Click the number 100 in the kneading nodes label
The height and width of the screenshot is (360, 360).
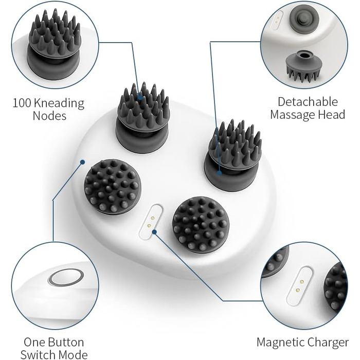[x=22, y=103]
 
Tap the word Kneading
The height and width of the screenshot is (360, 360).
[x=59, y=104]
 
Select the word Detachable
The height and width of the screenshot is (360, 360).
[x=308, y=102]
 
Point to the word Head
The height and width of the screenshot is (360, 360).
[x=332, y=114]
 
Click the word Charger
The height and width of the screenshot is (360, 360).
[x=328, y=343]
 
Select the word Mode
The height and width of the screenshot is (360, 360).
[x=74, y=354]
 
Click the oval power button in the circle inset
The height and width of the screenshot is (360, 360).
[x=66, y=277]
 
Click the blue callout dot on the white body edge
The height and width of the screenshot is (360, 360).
[x=82, y=162]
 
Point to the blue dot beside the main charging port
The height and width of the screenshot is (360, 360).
[x=154, y=232]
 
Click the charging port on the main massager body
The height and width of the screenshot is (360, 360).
[x=151, y=222]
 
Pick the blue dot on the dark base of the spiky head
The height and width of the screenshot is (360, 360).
[x=219, y=173]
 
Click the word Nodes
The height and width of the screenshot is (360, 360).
[x=49, y=116]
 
